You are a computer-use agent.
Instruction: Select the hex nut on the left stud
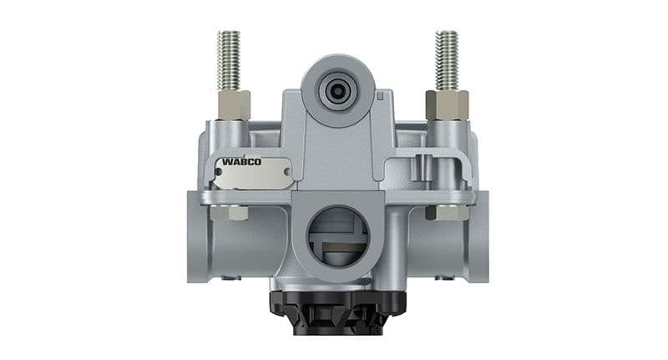tap(233, 104)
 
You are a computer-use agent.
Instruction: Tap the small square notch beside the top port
tap(380, 96)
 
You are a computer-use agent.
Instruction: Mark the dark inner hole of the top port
tap(338, 89)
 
